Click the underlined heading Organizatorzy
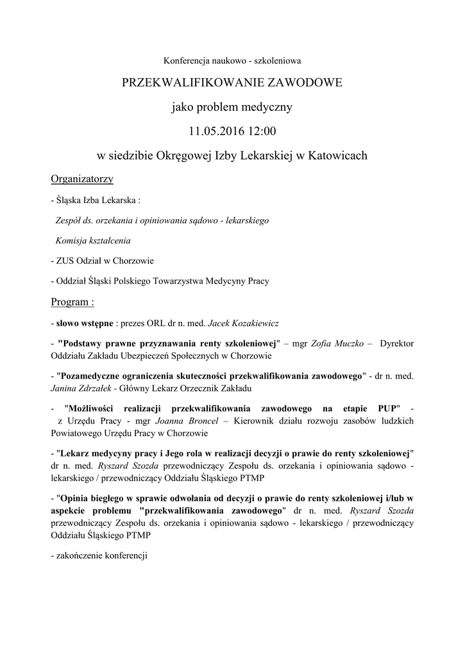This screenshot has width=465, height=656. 82,179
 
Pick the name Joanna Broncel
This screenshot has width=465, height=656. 187,421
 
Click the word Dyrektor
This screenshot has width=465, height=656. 397,343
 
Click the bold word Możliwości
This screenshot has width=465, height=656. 95,408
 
